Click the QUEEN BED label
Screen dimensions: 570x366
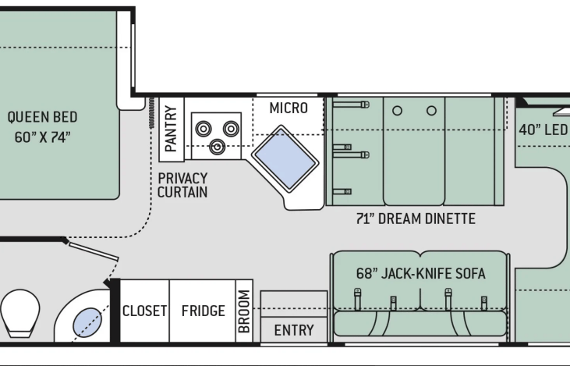coord(43,117)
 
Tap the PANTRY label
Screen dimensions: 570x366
coord(171,129)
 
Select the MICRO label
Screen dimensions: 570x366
coord(289,108)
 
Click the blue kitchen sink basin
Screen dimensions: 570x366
coord(285,158)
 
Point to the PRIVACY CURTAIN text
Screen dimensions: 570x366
coord(182,185)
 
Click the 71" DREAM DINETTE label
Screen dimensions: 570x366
coord(416,219)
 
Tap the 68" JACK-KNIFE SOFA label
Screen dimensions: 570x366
coord(420,273)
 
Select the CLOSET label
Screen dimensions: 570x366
coord(145,311)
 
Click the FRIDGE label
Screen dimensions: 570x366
coord(204,311)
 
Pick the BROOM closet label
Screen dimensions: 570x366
coord(244,311)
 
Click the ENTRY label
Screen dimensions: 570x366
coord(294,330)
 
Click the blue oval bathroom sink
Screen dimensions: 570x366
coord(87,322)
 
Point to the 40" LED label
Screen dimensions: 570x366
coord(543,130)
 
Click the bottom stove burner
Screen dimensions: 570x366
coord(218,147)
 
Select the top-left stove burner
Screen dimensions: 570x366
coord(204,129)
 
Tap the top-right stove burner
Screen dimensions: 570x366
coord(232,129)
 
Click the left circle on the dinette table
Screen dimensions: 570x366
coord(398,111)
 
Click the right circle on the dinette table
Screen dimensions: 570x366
coord(431,111)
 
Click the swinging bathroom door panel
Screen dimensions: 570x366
coord(94,251)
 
